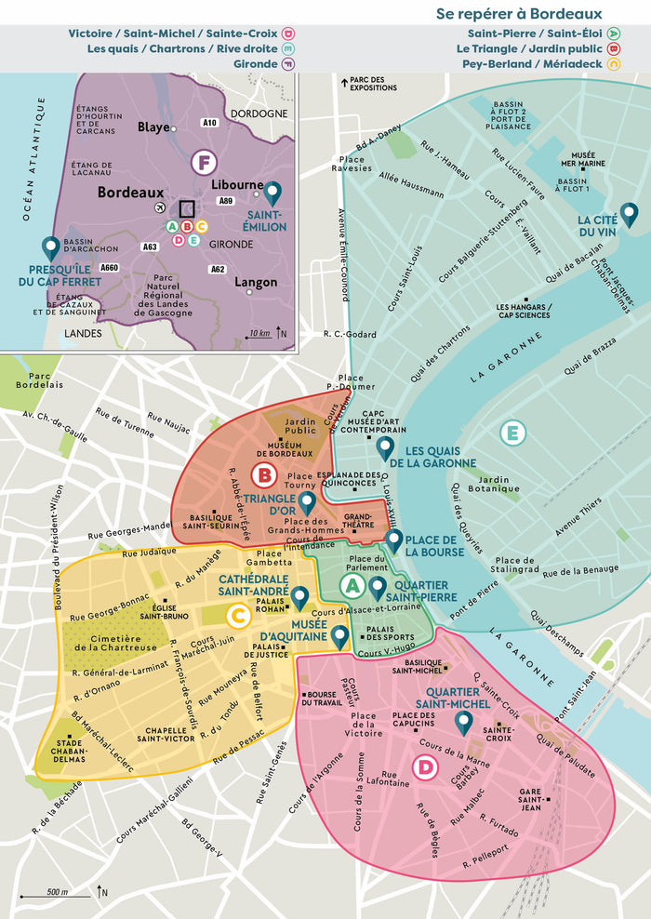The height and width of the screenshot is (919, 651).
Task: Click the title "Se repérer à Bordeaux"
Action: click(519, 13)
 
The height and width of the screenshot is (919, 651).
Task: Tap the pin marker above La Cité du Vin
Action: click(630, 215)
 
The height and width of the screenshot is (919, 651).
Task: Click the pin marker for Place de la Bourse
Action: click(394, 540)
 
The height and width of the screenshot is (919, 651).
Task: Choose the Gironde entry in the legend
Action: click(252, 64)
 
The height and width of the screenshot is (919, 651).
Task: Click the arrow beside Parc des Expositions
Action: click(345, 83)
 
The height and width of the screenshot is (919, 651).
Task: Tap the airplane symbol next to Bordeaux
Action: click(161, 206)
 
